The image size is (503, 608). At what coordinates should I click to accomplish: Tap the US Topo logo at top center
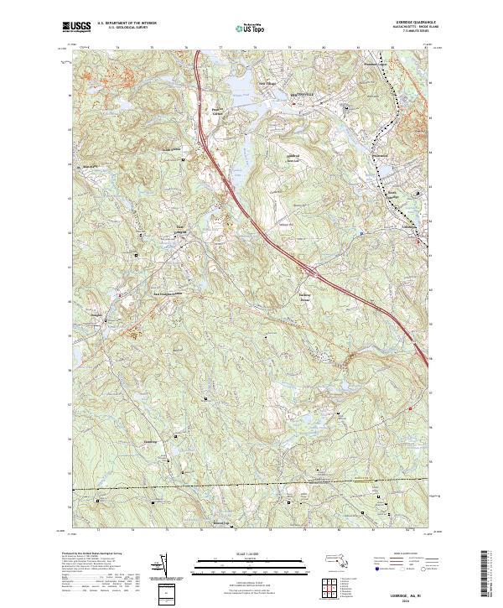point(251,28)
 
